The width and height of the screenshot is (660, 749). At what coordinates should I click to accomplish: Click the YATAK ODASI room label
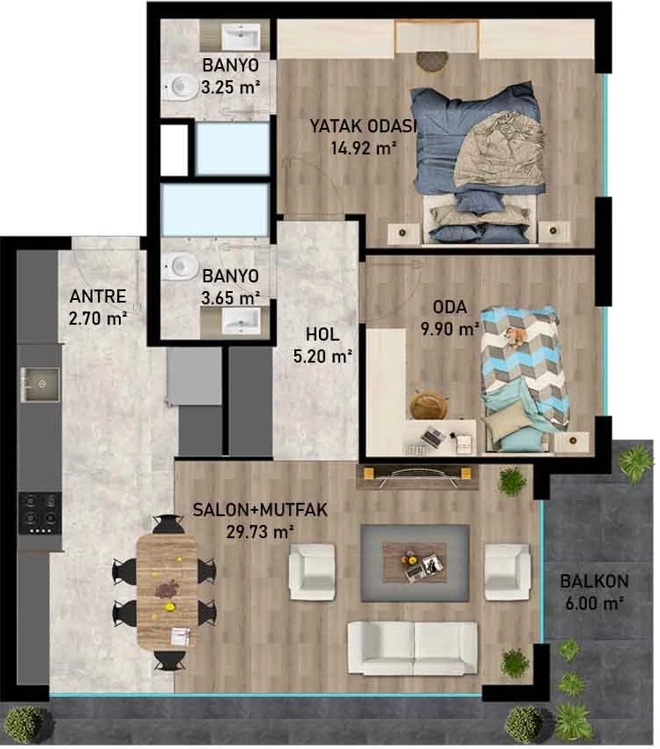[363, 126]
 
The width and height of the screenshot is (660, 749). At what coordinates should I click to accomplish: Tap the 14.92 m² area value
[364, 148]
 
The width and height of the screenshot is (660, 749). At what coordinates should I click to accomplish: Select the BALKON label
[594, 581]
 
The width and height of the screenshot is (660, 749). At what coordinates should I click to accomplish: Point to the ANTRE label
[98, 296]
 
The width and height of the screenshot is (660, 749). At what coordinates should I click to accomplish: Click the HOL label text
[323, 334]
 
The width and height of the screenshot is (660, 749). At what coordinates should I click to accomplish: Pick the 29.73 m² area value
[260, 532]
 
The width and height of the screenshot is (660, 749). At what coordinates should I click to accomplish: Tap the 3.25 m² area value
[231, 87]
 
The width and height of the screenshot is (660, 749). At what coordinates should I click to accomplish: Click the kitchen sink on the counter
[40, 384]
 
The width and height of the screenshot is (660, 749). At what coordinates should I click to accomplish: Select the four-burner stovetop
[40, 513]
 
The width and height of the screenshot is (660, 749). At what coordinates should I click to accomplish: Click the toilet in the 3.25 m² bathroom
[180, 87]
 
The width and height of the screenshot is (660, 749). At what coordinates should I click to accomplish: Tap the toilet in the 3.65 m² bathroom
[180, 266]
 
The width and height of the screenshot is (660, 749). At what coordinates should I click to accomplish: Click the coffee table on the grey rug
[414, 562]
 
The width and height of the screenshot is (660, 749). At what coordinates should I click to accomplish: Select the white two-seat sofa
[412, 648]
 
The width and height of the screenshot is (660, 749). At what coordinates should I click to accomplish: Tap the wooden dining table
[167, 591]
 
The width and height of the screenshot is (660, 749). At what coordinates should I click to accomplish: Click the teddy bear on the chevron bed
[515, 335]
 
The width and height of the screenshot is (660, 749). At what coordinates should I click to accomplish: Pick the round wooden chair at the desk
[429, 404]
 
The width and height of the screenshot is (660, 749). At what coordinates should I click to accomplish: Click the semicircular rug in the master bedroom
[433, 61]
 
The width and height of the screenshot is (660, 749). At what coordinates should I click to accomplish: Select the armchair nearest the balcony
[508, 572]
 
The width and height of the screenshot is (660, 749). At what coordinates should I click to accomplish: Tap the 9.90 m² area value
[449, 329]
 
